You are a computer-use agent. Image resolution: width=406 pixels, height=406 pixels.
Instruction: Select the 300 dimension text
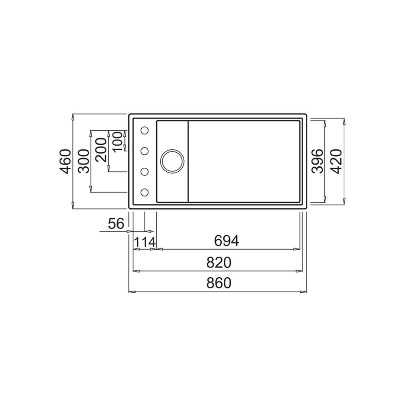(84, 162)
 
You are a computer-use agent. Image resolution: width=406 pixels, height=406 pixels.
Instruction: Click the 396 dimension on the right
(318, 161)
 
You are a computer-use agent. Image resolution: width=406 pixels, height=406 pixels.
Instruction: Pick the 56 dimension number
(116, 223)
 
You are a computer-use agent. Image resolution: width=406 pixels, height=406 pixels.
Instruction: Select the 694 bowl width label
(227, 241)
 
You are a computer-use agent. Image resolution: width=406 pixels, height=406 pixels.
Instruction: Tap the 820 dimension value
(218, 263)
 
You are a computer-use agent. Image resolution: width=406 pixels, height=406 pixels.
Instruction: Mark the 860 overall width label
(218, 283)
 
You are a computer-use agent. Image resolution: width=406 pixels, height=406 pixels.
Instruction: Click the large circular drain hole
(172, 161)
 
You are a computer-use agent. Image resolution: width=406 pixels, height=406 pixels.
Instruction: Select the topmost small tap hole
(145, 130)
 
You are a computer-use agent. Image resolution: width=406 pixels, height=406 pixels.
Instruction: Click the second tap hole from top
(145, 151)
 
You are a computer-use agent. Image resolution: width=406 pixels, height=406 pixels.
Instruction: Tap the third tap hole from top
(145, 172)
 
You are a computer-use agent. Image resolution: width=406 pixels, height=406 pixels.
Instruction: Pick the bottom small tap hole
(145, 192)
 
